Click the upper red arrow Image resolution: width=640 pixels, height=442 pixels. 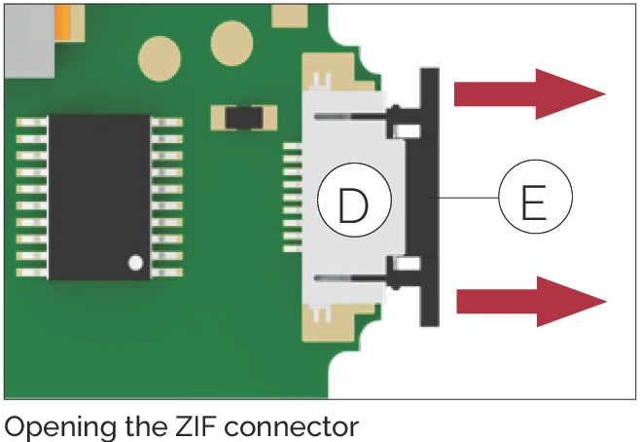530,93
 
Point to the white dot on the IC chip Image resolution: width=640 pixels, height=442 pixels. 135,262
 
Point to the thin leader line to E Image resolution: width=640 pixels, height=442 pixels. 470,200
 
